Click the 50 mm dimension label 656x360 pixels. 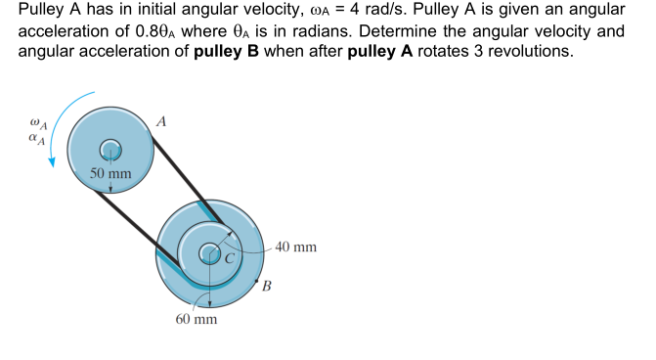point(110,174)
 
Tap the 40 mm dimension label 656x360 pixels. point(295,247)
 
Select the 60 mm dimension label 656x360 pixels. point(196,320)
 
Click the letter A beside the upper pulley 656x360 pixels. point(162,121)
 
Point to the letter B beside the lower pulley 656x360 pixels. point(266,287)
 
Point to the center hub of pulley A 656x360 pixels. point(110,149)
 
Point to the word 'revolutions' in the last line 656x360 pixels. point(524,51)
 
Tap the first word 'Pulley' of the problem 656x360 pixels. point(43,12)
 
